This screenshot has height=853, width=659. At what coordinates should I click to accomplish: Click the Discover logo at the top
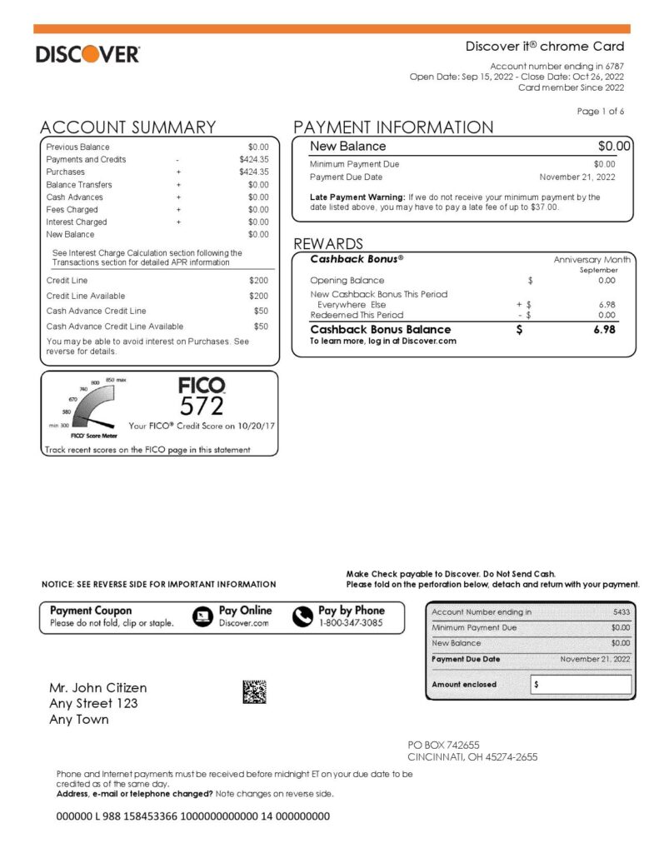click(87, 55)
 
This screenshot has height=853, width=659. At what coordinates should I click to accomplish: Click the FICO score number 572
click(202, 406)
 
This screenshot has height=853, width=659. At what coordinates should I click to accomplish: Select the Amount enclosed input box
click(581, 684)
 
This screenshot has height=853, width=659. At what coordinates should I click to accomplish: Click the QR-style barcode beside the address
click(254, 691)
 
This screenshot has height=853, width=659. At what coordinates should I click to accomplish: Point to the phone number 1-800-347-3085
click(351, 622)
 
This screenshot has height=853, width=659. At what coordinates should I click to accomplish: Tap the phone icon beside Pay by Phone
click(302, 616)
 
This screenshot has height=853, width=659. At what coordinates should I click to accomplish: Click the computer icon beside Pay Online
click(202, 616)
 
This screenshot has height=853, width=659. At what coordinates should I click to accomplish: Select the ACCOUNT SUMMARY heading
click(128, 127)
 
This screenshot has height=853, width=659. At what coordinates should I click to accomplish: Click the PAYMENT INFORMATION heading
click(393, 127)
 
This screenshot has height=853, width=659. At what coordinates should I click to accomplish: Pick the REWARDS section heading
click(328, 244)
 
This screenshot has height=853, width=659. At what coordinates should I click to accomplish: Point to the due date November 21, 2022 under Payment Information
click(577, 177)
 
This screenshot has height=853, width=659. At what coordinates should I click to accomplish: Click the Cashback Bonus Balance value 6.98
click(605, 330)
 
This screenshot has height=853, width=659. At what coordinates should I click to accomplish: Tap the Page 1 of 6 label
click(600, 111)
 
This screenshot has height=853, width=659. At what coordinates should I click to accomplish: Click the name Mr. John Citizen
click(98, 688)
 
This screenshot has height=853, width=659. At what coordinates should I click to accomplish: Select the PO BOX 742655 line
click(443, 745)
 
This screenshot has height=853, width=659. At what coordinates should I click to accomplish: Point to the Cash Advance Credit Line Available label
click(115, 327)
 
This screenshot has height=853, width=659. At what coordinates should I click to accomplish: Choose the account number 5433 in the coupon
click(621, 612)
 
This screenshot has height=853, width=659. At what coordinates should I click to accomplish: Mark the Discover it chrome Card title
click(544, 47)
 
